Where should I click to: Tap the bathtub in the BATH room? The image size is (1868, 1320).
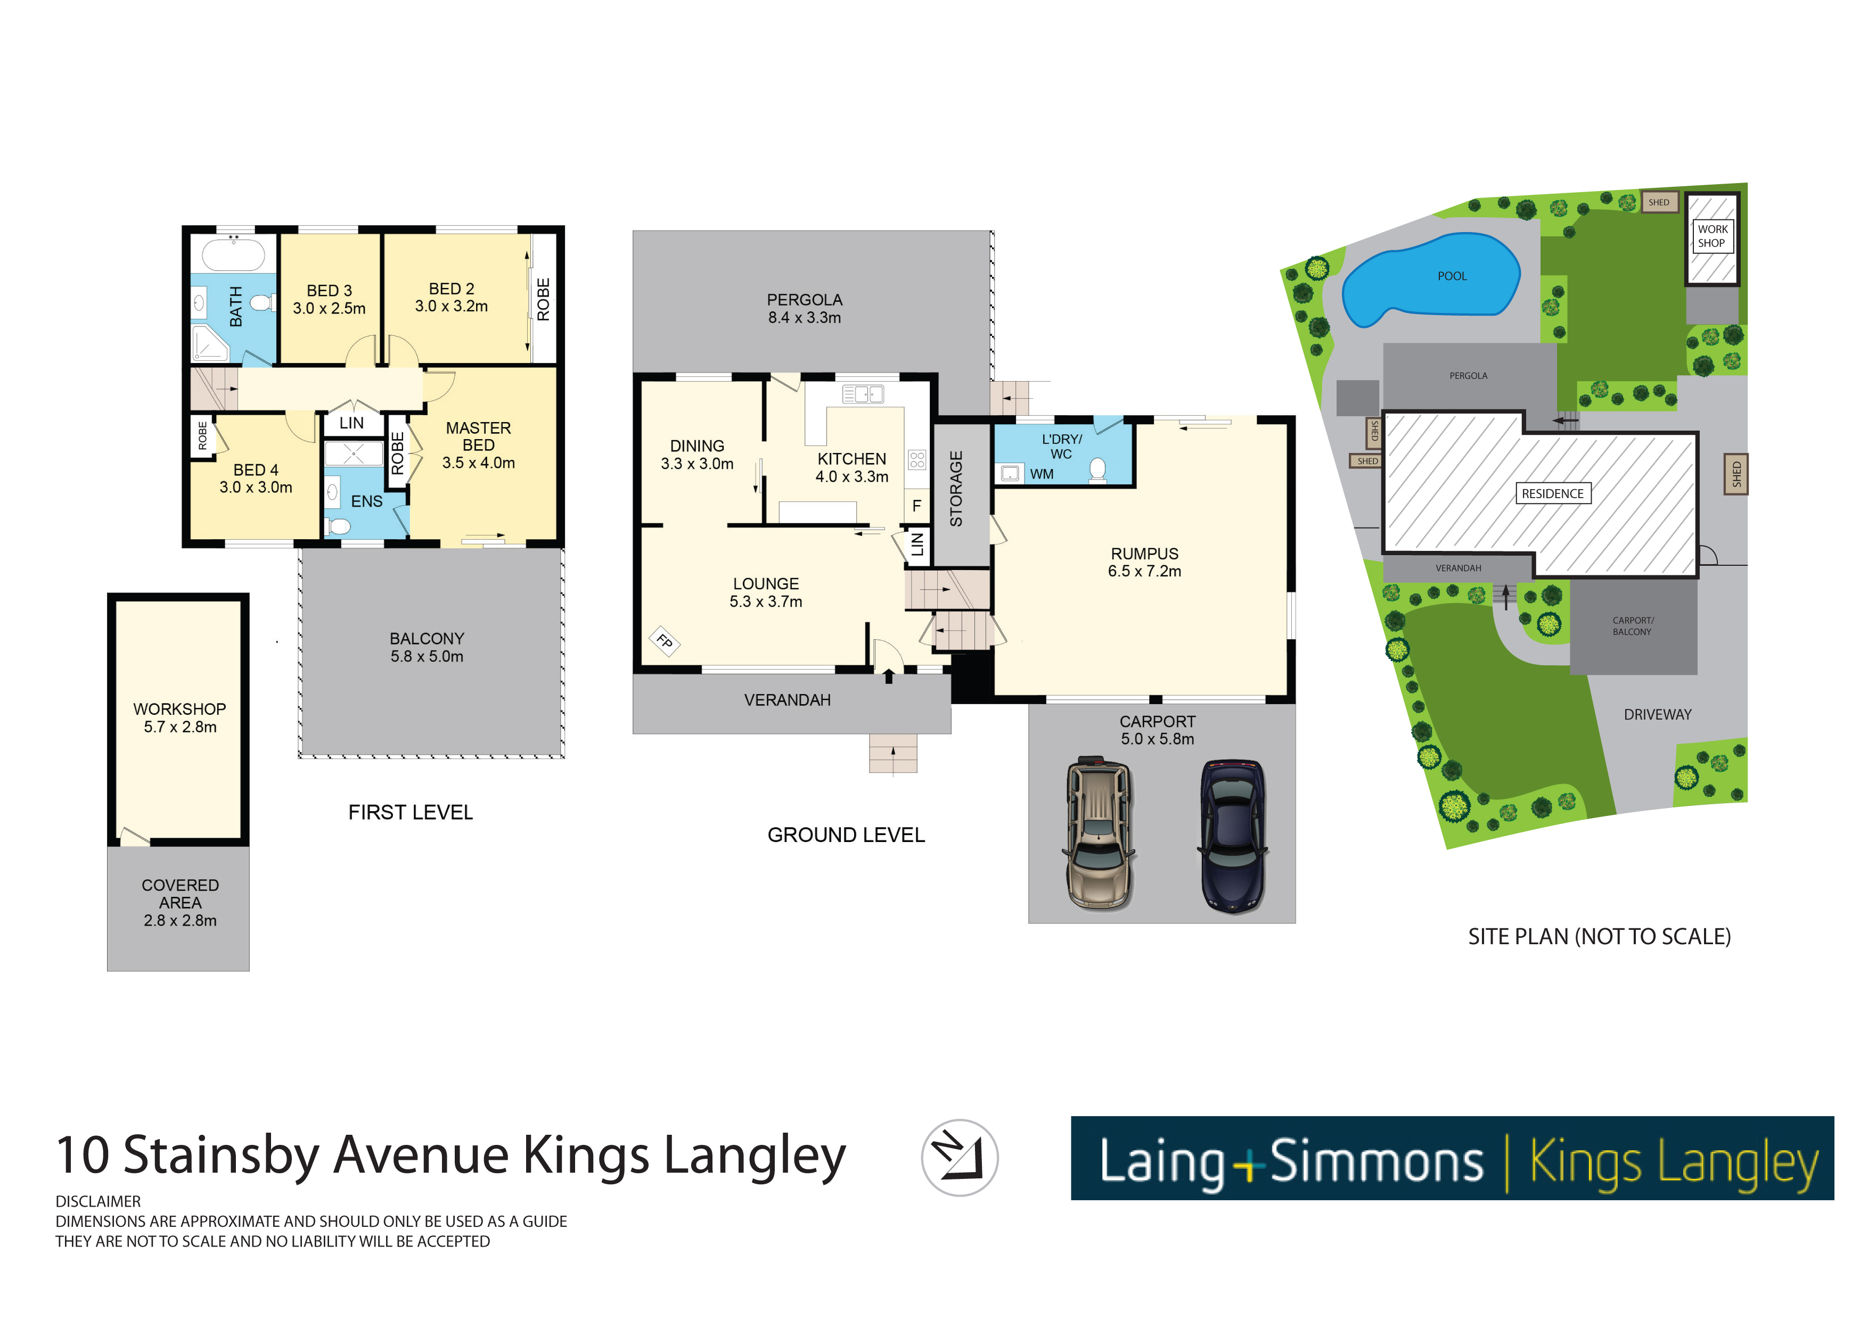click(233, 254)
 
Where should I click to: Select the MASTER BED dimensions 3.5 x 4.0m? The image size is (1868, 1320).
click(478, 463)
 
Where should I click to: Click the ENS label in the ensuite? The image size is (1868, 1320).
click(366, 502)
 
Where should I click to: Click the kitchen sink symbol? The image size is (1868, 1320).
click(863, 394)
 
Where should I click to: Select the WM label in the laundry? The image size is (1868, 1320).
click(1042, 474)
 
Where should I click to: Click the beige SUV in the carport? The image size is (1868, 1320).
click(1099, 834)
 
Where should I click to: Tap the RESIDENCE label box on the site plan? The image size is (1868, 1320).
click(1552, 494)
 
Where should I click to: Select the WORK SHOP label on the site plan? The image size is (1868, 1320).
click(1712, 236)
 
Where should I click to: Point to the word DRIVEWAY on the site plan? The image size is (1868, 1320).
click(1657, 715)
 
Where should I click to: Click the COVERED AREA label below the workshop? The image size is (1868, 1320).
click(180, 894)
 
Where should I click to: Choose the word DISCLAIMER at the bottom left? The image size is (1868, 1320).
click(97, 1201)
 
